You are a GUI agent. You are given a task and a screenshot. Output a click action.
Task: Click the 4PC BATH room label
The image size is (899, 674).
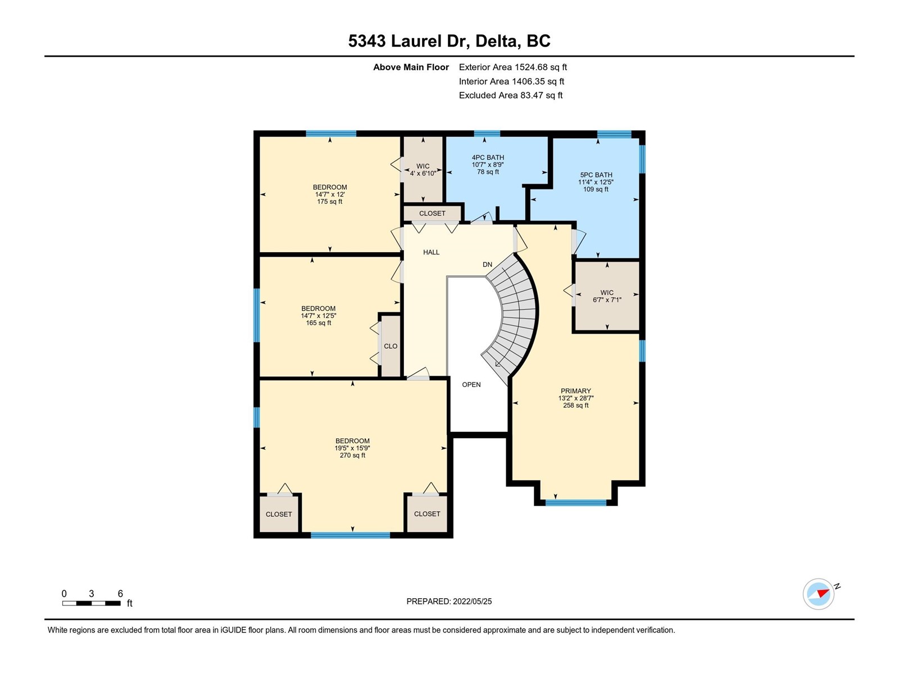coord(487,158)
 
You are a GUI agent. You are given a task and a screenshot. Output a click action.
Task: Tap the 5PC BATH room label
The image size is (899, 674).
coord(596,175)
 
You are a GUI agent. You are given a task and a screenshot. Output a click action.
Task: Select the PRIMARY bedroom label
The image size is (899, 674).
coord(575,391)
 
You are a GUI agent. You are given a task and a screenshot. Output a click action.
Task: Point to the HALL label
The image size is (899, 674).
coord(432,253)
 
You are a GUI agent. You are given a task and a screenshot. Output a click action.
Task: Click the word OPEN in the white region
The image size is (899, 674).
coord(471,385)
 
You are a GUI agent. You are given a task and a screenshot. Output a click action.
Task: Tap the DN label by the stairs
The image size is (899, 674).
coord(487,265)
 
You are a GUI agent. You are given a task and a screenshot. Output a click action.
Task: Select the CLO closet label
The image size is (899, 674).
coord(391,346)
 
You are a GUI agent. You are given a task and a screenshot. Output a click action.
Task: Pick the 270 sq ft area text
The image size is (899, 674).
coord(353,455)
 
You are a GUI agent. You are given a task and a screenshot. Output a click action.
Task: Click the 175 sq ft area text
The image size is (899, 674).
coord(330,202)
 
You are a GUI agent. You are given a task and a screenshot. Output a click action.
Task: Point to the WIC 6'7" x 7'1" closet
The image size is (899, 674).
coord(607,296)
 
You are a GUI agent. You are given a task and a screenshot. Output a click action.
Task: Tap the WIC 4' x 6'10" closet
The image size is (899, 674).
coord(423,169)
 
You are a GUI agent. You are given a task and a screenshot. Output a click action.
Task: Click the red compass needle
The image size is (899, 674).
coord(823,593)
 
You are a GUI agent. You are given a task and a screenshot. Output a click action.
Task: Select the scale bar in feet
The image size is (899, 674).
coord(92,603)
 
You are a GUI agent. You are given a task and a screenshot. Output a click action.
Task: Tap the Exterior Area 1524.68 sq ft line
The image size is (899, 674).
coord(513,67)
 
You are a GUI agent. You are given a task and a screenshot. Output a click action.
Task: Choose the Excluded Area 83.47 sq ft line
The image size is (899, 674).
coord(511,95)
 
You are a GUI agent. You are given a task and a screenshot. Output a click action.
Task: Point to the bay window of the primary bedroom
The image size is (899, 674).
coord(576,503)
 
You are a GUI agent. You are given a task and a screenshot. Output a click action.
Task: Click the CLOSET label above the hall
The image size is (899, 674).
coord(432,213)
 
